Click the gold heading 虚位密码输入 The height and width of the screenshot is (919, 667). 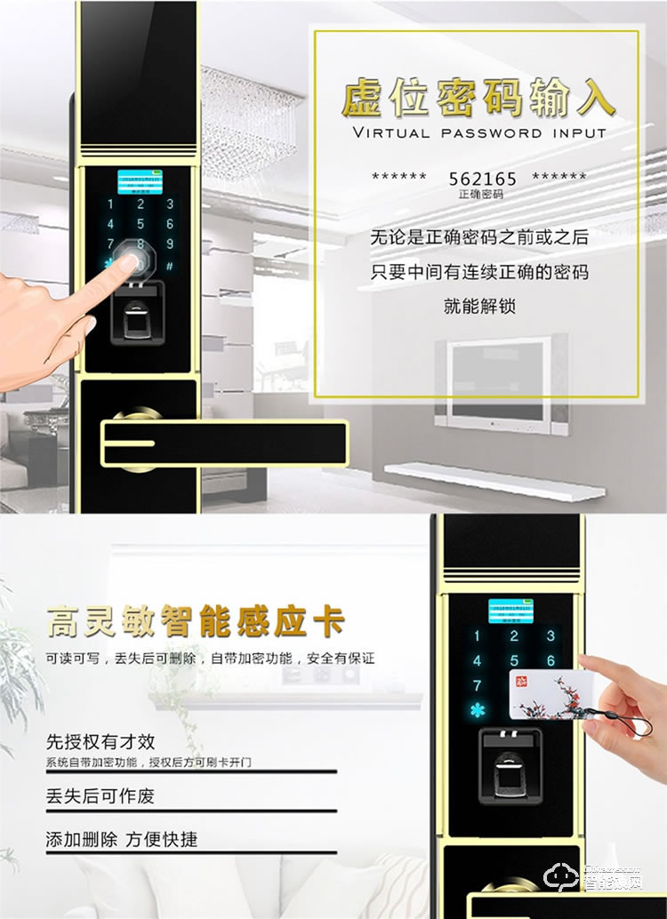478,99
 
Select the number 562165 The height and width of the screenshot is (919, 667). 482,179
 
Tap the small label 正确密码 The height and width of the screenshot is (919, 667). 481,194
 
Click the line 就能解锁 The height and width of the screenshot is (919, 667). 479,307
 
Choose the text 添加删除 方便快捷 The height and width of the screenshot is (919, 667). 122,839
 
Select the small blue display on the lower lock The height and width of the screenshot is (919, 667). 512,612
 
